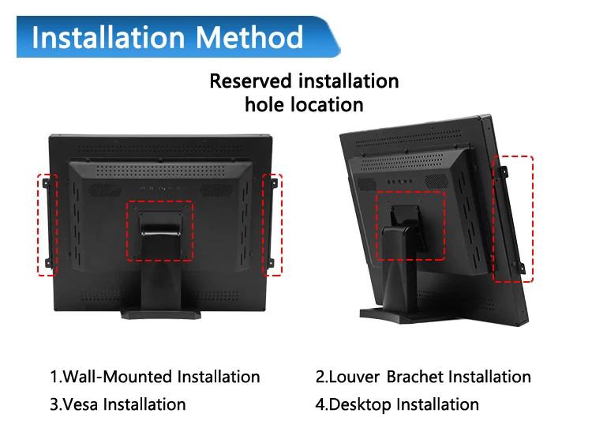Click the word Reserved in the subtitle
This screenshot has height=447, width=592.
point(251,81)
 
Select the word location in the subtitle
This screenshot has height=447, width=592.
point(326,104)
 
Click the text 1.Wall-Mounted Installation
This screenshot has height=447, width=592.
point(155,377)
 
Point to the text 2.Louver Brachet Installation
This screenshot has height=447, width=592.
point(423,377)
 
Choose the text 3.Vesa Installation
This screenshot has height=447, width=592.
point(118,404)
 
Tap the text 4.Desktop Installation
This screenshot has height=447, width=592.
point(397,404)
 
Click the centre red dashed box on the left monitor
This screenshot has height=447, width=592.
point(160,230)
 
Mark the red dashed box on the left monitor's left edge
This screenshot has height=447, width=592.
point(47,224)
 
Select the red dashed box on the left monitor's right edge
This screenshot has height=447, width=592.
point(272,224)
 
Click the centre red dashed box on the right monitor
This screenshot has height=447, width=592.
point(410,225)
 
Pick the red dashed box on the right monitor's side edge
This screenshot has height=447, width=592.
point(513,219)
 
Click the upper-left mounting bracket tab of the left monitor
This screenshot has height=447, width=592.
point(47,184)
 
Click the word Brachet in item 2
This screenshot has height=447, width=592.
point(415,377)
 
